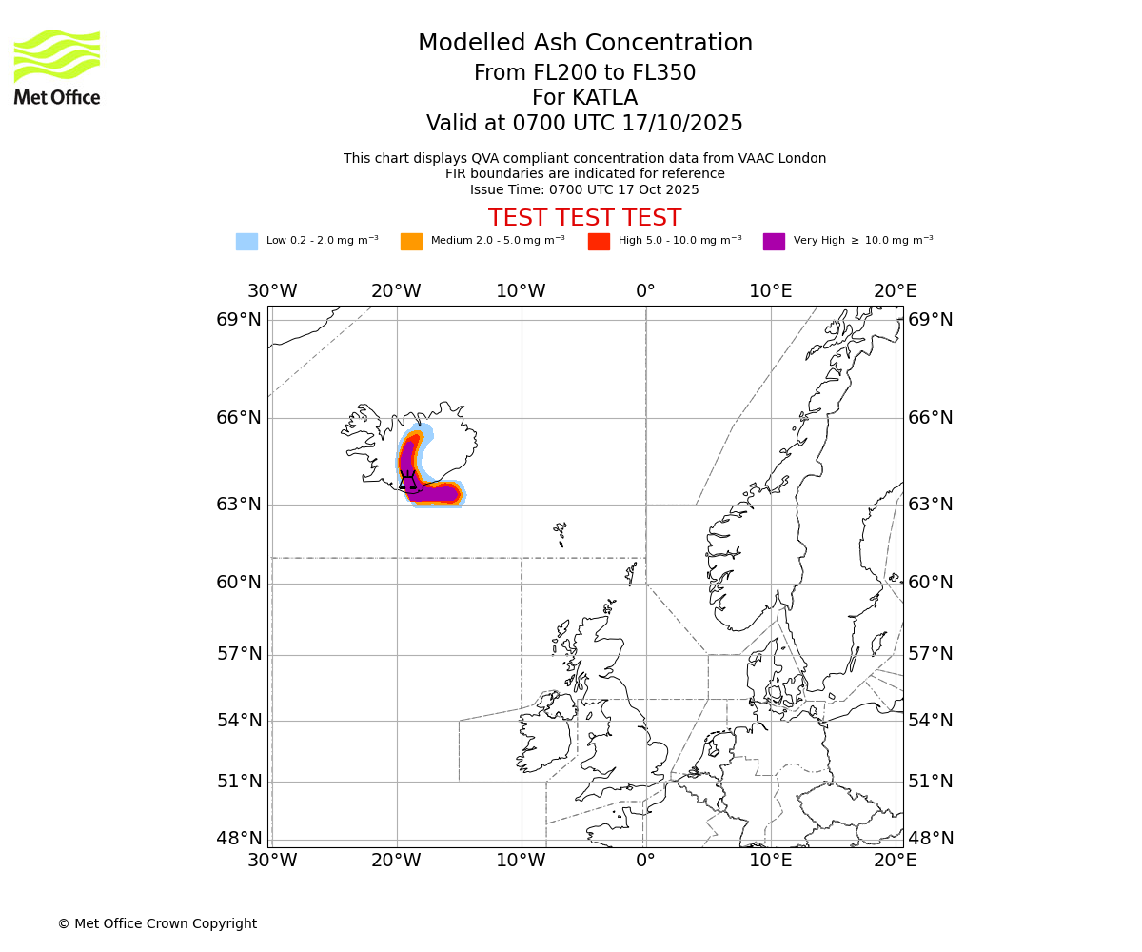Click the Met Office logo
[57, 67]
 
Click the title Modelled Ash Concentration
[584, 44]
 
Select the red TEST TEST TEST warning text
[584, 218]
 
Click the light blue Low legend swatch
[246, 241]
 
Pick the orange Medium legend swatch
[411, 241]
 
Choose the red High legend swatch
[599, 241]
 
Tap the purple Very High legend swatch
[774, 241]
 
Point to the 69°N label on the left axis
[239, 319]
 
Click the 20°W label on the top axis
[396, 291]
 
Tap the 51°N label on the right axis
[931, 782]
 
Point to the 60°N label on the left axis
[239, 583]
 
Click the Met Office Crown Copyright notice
[157, 923]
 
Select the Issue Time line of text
[584, 189]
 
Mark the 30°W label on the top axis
[272, 291]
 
